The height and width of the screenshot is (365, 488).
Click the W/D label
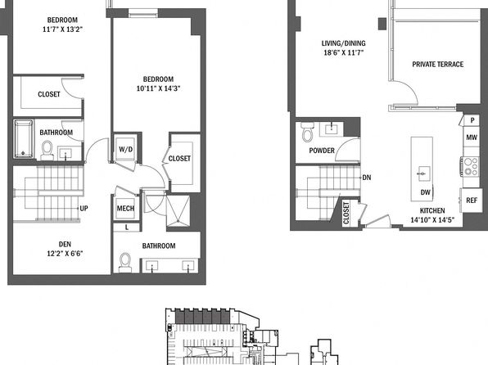click(126, 150)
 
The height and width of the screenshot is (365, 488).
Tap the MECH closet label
click(125, 208)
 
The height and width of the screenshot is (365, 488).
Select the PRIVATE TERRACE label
click(437, 64)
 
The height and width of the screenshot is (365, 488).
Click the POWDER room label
click(322, 151)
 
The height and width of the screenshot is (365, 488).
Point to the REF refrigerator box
click(471, 200)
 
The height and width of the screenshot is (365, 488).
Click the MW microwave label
click(471, 137)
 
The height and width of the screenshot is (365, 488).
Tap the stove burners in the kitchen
click(470, 167)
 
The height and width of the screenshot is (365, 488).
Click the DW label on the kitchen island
click(425, 192)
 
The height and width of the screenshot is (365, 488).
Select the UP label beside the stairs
click(84, 208)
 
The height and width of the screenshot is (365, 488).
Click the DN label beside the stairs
click(367, 178)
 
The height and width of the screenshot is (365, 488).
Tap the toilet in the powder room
click(308, 132)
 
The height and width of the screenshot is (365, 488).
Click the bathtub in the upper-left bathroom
click(24, 139)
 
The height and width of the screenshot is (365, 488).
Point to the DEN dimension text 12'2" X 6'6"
click(65, 254)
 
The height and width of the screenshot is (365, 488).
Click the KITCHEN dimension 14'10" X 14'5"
click(432, 219)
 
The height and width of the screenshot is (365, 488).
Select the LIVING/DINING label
click(343, 43)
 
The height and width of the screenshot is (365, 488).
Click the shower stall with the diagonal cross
click(178, 210)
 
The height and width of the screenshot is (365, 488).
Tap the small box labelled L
click(127, 228)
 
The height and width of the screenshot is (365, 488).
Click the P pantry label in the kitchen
click(472, 120)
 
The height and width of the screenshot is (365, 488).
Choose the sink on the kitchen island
click(422, 173)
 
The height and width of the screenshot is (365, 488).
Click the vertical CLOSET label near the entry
click(346, 213)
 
